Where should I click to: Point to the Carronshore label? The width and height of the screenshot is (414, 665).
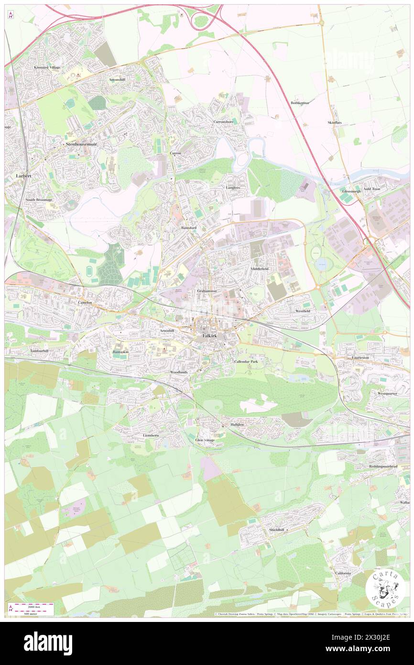(223, 122)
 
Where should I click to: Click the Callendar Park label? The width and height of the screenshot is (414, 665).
(246, 362)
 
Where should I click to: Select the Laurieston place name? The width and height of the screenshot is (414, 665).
(355, 357)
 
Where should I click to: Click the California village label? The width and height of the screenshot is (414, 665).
(343, 573)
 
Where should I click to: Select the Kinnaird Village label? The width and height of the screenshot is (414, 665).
(47, 67)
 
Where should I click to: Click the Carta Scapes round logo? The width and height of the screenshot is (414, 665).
(385, 588)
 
